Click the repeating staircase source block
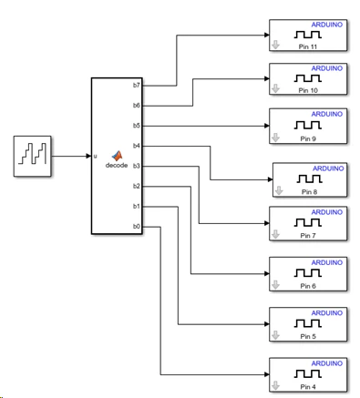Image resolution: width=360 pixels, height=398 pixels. (32, 156)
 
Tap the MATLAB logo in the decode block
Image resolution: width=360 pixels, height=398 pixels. (117, 156)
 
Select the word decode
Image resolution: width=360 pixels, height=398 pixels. (117, 166)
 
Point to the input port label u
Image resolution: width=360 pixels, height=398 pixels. (95, 156)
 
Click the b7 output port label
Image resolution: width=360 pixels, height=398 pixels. (137, 86)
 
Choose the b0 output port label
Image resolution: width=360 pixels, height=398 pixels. (137, 227)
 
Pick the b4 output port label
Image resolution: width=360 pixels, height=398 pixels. (137, 146)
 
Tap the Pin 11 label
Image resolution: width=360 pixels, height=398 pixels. (308, 46)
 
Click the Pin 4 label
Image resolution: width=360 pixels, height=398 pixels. (308, 387)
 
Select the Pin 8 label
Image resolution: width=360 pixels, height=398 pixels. (309, 192)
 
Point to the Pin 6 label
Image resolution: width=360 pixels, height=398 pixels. (308, 286)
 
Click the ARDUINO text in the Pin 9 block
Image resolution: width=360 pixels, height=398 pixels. (327, 114)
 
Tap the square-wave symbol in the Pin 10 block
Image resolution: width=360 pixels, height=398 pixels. (308, 78)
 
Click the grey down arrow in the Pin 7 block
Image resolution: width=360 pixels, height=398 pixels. (275, 234)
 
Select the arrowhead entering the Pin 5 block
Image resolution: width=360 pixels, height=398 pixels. (267, 324)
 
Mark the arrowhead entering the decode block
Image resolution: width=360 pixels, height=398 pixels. (88, 156)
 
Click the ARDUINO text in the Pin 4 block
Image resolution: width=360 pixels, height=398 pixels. (327, 363)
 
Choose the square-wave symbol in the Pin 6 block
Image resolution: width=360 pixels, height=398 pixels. (308, 273)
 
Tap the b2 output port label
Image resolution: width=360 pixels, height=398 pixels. (137, 186)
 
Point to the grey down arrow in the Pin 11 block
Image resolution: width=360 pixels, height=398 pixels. (275, 45)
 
